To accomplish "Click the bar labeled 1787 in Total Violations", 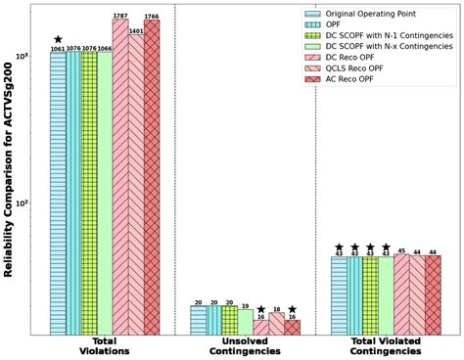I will (x=120, y=176).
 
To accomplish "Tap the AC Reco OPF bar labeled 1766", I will (x=152, y=176).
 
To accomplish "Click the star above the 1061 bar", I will (x=58, y=40).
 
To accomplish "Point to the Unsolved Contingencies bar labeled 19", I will (x=245, y=322).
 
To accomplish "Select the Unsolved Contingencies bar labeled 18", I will (x=276, y=323).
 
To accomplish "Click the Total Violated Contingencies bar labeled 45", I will (x=401, y=294).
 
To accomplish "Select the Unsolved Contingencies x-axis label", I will (x=245, y=348).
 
